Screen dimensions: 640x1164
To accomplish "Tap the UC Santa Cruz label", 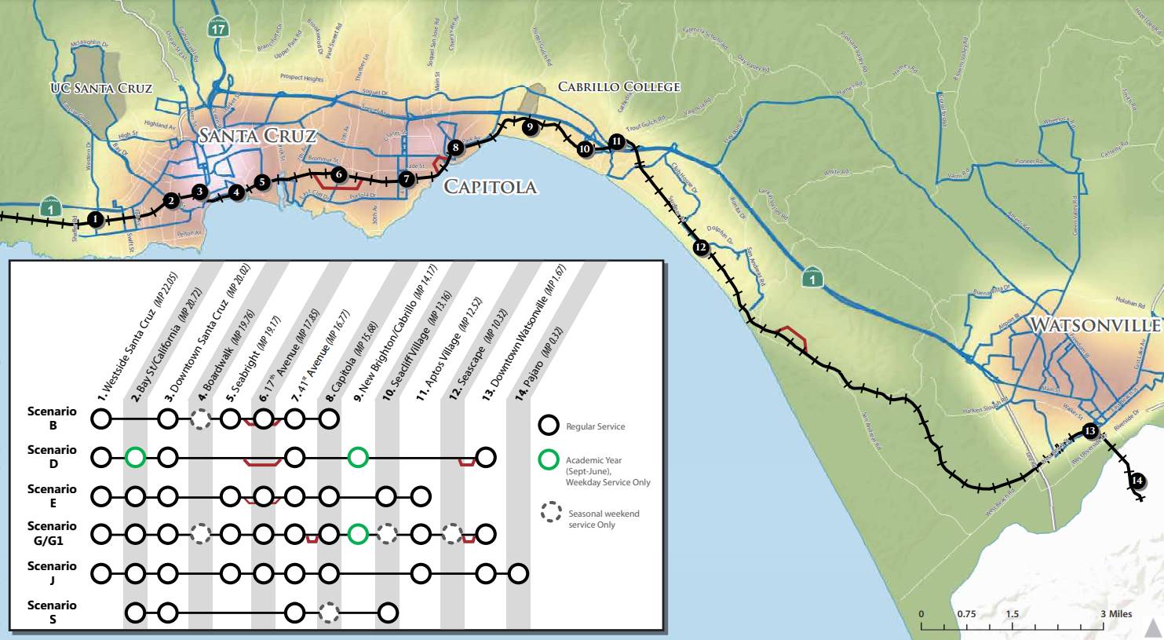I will click(x=101, y=88).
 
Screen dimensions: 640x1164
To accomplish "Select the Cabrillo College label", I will click(x=618, y=86).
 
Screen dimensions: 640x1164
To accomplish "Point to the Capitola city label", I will click(x=491, y=187).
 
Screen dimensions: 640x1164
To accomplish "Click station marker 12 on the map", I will click(x=701, y=247).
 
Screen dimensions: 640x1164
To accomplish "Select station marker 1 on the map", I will click(x=95, y=219).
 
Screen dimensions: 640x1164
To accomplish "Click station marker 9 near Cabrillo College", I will click(x=530, y=126).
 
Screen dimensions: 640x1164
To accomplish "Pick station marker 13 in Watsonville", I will click(x=1089, y=430).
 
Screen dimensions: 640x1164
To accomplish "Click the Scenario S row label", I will click(x=52, y=612).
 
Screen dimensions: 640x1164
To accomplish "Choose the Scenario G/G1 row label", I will click(x=52, y=532).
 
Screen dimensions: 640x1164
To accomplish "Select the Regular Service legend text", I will click(x=595, y=427).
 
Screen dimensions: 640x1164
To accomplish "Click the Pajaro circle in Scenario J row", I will click(x=517, y=573).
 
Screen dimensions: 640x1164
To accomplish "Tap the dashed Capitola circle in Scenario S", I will click(x=329, y=613).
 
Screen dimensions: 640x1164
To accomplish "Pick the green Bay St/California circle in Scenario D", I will click(x=135, y=456).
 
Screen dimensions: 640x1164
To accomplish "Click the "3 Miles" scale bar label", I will click(x=1115, y=613).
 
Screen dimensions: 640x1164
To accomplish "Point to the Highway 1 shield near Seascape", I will click(x=816, y=279).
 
